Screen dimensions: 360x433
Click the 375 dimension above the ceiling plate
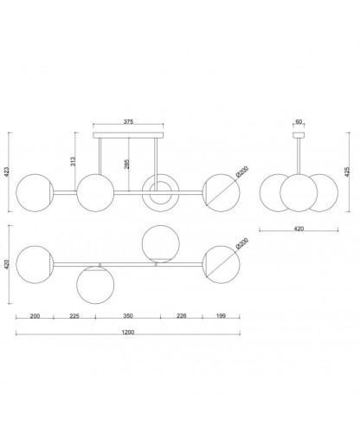(x=128, y=122)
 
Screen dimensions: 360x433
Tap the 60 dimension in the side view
(x=299, y=122)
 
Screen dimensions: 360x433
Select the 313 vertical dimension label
(x=73, y=161)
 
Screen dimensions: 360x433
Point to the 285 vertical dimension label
(x=127, y=164)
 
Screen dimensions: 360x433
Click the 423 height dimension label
(x=7, y=171)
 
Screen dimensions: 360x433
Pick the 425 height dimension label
(x=347, y=171)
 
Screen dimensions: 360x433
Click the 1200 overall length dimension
(x=128, y=333)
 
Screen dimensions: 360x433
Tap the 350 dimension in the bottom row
(x=128, y=316)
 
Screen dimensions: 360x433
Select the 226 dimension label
(x=182, y=316)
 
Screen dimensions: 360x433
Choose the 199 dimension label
(x=221, y=316)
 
